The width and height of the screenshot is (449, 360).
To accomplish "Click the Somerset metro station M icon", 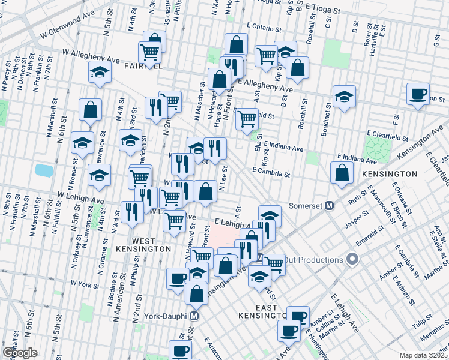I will point(329,206).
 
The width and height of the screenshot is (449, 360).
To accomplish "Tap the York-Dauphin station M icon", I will point(194,316).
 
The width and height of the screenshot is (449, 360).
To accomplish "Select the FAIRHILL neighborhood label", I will point(142,66).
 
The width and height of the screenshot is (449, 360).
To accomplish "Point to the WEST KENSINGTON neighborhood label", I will point(151,244).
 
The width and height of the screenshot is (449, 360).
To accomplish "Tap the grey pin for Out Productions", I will point(352,260).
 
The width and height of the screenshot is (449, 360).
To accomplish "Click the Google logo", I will point(20,352).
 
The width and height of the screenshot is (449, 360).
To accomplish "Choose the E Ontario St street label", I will point(264,28).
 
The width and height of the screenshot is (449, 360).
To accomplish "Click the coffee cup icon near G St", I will point(418,94).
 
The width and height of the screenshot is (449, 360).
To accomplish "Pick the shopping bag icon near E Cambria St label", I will point(342,172).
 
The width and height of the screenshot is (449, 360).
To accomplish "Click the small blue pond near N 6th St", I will point(44,170).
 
